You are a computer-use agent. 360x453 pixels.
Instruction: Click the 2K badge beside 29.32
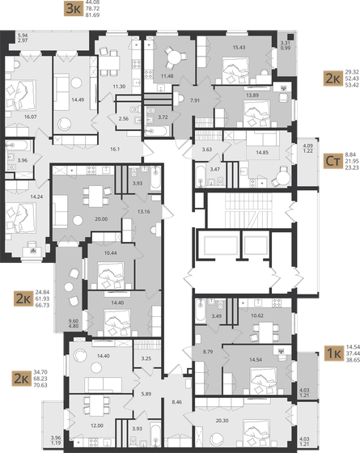(331, 78)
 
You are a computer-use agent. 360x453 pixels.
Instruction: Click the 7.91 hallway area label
(196, 100)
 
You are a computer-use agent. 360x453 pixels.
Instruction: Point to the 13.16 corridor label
(142, 212)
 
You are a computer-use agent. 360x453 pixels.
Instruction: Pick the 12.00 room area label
(97, 425)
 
